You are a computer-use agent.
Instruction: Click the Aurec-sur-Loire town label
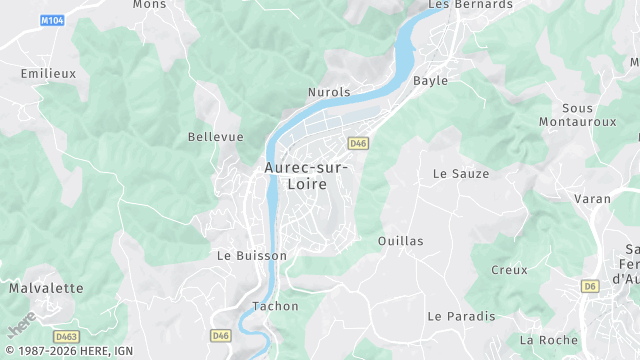(x=307, y=177)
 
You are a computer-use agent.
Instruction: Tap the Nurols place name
(x=329, y=92)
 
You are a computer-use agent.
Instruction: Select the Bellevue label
(x=216, y=137)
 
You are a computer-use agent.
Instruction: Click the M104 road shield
(x=52, y=20)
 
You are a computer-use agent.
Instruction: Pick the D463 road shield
(x=67, y=336)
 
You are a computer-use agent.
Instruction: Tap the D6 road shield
(x=590, y=286)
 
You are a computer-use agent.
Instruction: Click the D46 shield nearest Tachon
(x=221, y=334)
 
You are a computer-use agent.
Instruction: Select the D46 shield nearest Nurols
(x=358, y=144)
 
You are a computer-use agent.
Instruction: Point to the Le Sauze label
(x=461, y=173)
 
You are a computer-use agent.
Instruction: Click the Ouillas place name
(x=401, y=241)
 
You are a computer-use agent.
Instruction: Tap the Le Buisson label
(x=252, y=255)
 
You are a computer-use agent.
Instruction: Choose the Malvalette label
(x=46, y=288)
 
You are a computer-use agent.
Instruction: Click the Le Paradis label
(x=461, y=316)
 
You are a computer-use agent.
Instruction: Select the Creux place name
(x=509, y=270)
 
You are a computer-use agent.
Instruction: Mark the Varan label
(x=592, y=199)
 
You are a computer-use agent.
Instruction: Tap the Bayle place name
(x=430, y=80)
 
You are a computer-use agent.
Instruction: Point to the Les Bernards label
(x=470, y=5)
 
